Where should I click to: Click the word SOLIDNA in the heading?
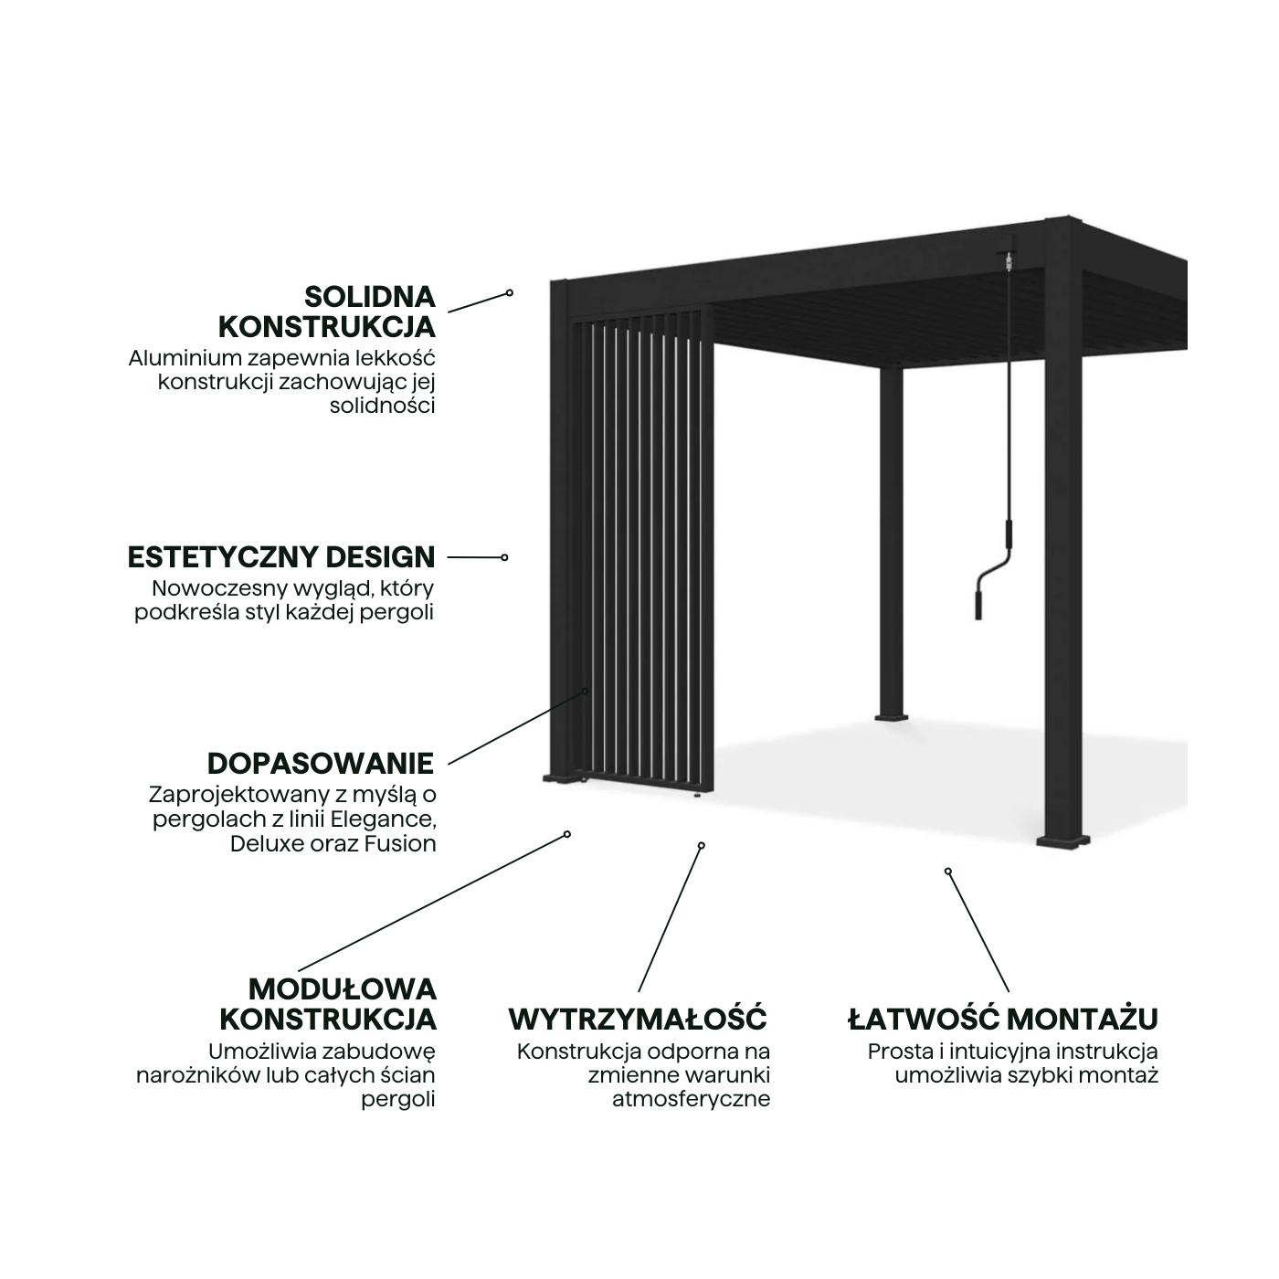(x=369, y=297)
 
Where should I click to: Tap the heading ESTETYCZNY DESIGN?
(x=281, y=556)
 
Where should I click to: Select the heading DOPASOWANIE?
(x=321, y=763)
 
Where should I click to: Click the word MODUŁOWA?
(x=343, y=988)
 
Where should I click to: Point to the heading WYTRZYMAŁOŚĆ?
(x=638, y=1019)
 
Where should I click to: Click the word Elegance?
(x=383, y=819)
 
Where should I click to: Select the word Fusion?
(x=400, y=843)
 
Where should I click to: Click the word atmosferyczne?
(x=691, y=1099)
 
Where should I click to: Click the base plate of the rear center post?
(x=892, y=717)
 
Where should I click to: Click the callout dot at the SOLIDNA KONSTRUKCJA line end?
(x=510, y=293)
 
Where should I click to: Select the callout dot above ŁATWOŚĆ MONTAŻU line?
(x=948, y=872)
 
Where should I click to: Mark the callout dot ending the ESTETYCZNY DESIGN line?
(x=504, y=557)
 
